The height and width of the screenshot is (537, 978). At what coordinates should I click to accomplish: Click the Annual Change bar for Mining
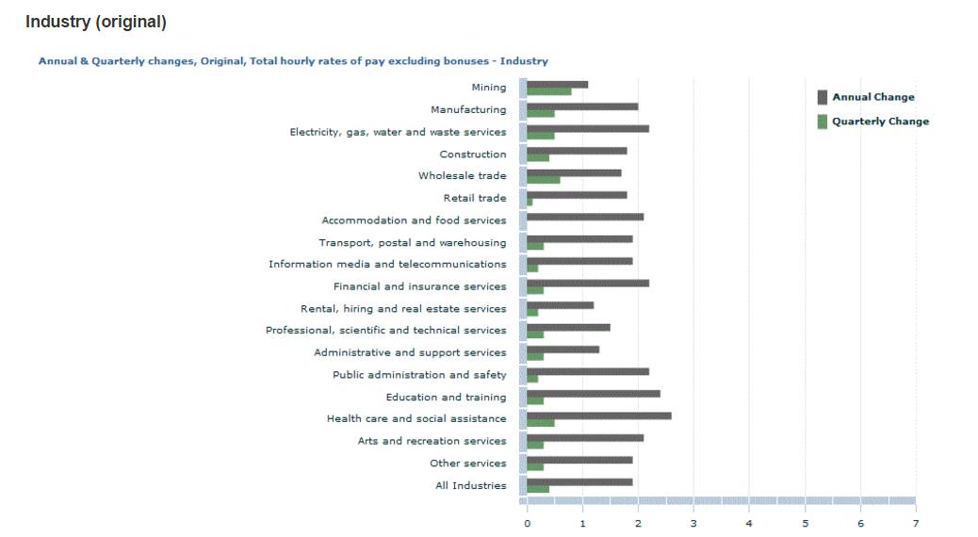click(557, 85)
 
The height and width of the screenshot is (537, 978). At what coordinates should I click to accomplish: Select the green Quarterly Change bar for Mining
click(548, 92)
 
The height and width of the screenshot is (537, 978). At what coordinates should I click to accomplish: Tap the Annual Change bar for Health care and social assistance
click(598, 415)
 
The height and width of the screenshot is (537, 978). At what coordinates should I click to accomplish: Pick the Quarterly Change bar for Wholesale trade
click(543, 180)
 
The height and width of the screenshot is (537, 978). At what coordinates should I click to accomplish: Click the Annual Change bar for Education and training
click(593, 394)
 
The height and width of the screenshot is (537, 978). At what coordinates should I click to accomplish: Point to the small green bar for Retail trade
click(530, 203)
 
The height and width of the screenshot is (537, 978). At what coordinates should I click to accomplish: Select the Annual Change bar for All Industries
click(579, 481)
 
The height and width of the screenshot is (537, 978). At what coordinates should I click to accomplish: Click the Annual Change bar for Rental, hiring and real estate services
click(560, 305)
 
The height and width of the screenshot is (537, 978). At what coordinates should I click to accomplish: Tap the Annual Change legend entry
click(872, 97)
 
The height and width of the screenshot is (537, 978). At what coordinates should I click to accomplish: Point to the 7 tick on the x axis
click(915, 522)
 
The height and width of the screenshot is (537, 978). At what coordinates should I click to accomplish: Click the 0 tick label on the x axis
click(527, 522)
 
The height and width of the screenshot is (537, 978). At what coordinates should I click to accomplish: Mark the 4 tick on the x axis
click(749, 522)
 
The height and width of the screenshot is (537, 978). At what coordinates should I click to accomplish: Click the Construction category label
click(472, 155)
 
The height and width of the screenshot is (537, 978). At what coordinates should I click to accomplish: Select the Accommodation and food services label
click(414, 220)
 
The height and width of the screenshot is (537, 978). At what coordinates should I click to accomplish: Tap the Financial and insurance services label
click(419, 286)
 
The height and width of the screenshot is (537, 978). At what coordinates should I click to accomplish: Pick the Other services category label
click(467, 464)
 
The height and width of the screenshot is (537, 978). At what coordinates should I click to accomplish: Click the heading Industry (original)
click(95, 22)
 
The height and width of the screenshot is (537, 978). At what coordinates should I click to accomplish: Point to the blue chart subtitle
click(292, 61)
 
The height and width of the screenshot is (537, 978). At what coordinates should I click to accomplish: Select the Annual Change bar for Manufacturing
click(581, 106)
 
